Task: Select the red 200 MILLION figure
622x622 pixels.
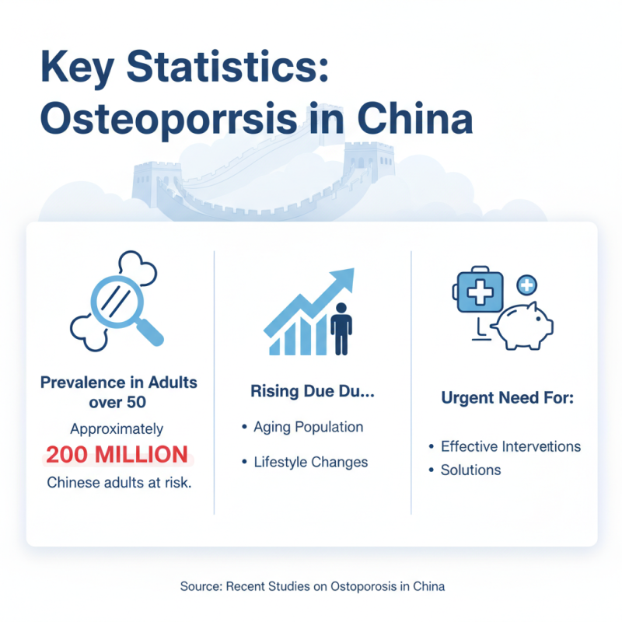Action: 117,454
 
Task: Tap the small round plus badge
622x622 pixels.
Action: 527,285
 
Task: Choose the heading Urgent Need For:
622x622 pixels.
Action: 507,398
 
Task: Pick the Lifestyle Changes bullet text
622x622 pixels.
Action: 311,462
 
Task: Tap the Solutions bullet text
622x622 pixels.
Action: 470,470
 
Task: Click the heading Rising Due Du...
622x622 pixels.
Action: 312,391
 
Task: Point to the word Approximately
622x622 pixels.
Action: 117,428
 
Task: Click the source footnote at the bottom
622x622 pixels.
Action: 312,585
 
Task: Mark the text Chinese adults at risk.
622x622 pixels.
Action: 118,483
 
